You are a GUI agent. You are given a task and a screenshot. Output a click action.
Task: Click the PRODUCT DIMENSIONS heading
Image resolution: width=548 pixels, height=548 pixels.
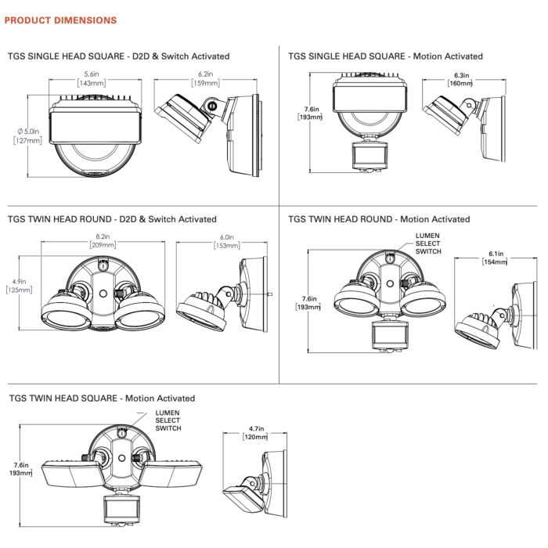click(x=60, y=20)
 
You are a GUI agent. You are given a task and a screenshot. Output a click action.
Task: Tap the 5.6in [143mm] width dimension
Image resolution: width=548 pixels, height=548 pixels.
click(x=92, y=78)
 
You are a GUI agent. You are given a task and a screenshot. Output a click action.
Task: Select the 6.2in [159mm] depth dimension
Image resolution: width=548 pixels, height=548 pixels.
click(x=205, y=78)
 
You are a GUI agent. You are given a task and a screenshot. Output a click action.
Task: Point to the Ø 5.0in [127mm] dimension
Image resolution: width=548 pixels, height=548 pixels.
click(x=28, y=136)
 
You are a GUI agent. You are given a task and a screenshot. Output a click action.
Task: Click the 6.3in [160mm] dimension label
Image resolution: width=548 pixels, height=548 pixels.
click(x=460, y=79)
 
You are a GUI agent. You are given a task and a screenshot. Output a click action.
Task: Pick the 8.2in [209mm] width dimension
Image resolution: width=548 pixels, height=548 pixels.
click(x=103, y=241)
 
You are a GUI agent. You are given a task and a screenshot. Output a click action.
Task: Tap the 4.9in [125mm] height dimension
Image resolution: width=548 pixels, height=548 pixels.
click(x=20, y=286)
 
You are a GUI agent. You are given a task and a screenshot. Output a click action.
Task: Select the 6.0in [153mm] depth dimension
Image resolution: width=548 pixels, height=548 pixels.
click(x=227, y=241)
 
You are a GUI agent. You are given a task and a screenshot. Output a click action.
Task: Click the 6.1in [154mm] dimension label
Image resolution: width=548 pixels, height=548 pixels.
click(x=495, y=258)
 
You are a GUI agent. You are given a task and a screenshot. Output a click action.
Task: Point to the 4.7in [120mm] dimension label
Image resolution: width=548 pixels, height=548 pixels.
click(x=255, y=433)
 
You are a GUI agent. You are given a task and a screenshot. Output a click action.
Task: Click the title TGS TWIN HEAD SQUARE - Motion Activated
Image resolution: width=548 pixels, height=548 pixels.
click(x=102, y=398)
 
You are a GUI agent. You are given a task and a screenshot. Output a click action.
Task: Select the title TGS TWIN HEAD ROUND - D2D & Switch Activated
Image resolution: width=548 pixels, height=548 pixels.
click(x=112, y=219)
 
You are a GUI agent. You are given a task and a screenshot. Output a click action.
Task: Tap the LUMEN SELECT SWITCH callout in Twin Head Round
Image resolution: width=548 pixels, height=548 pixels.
click(x=428, y=243)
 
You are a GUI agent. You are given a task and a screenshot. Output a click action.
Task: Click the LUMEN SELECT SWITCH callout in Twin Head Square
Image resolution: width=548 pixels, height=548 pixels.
click(x=168, y=420)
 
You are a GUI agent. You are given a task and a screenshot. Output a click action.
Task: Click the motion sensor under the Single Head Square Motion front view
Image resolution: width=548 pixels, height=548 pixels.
click(x=370, y=157)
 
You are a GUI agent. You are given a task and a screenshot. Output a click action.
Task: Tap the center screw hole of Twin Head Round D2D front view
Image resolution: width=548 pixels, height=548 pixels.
click(x=103, y=294)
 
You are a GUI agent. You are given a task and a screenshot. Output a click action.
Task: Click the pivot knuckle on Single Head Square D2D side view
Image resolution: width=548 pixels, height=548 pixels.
click(x=212, y=106)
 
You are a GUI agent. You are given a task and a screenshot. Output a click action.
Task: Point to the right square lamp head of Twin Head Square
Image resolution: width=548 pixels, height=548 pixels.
click(x=172, y=474)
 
